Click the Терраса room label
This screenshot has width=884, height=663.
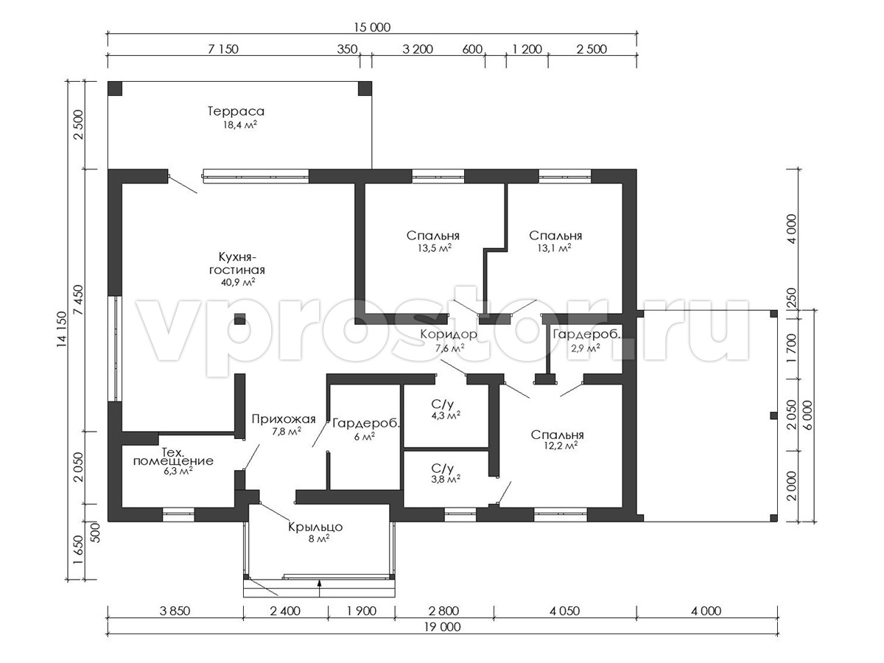coord(236,111)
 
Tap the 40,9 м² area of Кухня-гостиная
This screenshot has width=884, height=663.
coord(238,282)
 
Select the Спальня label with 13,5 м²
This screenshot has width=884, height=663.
coord(433,236)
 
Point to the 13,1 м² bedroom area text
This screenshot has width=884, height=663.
coord(554,248)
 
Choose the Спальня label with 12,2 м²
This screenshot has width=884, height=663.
coord(557,435)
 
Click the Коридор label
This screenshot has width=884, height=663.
coord(449,334)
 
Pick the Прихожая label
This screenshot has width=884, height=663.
coord(284,419)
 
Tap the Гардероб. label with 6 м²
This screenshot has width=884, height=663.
coord(366,424)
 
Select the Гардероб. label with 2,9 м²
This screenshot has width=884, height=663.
coord(587,334)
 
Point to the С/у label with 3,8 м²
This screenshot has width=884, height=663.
coord(442,469)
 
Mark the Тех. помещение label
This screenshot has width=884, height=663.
coord(173,456)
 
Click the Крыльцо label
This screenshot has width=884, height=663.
coord(315,527)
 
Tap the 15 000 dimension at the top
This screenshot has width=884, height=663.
coord(372,27)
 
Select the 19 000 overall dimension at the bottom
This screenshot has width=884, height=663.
coord(442,627)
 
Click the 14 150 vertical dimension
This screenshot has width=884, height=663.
coord(61,330)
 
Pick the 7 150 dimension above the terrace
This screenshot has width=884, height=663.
coord(223,49)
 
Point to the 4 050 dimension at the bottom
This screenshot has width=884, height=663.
coord(564,611)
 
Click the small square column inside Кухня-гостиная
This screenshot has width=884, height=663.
coord(239,319)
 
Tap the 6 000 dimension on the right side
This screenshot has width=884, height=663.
coord(807,415)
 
